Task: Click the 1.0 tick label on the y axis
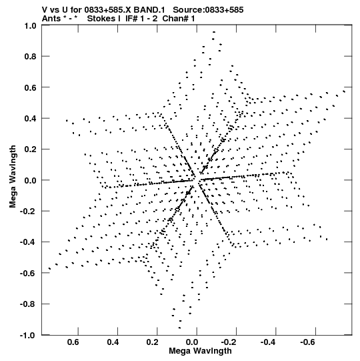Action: tap(30, 26)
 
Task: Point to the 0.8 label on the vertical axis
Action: tap(30, 57)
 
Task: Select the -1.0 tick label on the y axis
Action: tap(28, 335)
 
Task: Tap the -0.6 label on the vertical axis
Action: tap(28, 273)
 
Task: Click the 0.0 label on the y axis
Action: tap(30, 180)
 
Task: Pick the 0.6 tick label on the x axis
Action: tap(73, 342)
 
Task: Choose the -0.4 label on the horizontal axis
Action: tap(268, 342)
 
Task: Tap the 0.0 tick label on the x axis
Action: tap(192, 342)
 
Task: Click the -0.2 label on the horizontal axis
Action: tap(229, 342)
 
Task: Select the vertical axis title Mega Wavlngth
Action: tap(13, 177)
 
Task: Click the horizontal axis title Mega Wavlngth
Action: tap(200, 351)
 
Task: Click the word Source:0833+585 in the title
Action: tap(208, 10)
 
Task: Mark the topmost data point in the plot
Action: tap(214, 32)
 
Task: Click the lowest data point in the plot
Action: tap(179, 328)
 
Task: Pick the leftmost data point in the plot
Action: tap(49, 269)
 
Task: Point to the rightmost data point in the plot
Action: tap(344, 91)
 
